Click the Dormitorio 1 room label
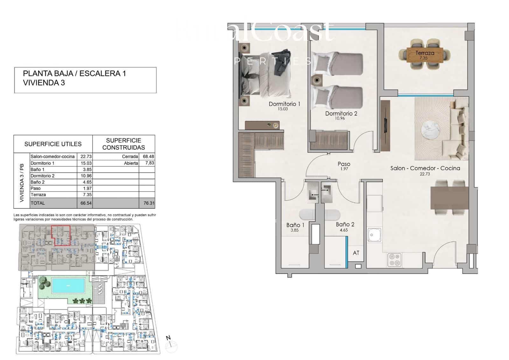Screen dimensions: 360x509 pyautogui.click(x=284, y=104)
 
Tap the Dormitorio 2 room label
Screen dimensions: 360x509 pyautogui.click(x=341, y=114)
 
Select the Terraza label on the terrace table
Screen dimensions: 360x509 pyautogui.click(x=424, y=53)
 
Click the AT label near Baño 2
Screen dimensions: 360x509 pyautogui.click(x=356, y=253)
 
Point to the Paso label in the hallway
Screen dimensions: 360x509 pyautogui.click(x=344, y=164)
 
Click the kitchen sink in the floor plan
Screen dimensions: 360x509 pyautogui.click(x=374, y=235)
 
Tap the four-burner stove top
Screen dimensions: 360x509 pyautogui.click(x=394, y=260)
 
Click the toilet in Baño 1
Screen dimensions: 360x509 pyautogui.click(x=307, y=215)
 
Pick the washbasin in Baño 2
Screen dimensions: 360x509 pyautogui.click(x=327, y=192)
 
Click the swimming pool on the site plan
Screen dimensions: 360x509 pyautogui.click(x=68, y=286)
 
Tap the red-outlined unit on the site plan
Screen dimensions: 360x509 pyautogui.click(x=61, y=235)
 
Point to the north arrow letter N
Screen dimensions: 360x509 pyautogui.click(x=169, y=338)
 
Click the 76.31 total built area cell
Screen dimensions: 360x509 pyautogui.click(x=149, y=203)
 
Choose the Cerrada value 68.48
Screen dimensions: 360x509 pyautogui.click(x=149, y=156)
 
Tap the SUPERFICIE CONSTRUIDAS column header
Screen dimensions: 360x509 pyautogui.click(x=123, y=144)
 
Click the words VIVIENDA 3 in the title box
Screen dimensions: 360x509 pyautogui.click(x=44, y=83)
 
